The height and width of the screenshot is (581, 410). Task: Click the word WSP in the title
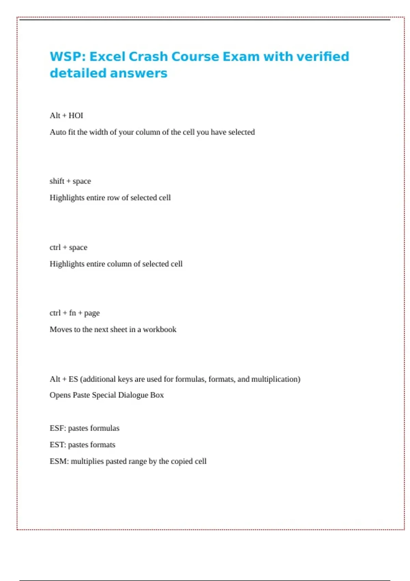[x=66, y=57]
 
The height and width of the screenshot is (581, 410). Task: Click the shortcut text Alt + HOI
[x=66, y=116]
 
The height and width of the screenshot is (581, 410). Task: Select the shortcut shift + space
[x=70, y=181]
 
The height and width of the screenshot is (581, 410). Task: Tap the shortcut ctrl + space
[x=68, y=247]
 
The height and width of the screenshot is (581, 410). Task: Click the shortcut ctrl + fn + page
[x=74, y=313]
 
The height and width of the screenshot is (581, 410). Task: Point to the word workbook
[x=160, y=329]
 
